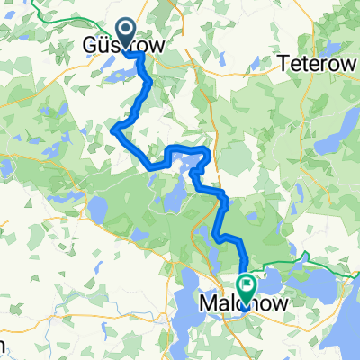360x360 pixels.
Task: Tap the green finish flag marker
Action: pyautogui.click(x=247, y=284)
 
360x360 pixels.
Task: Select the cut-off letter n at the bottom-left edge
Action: pyautogui.click(x=4, y=346)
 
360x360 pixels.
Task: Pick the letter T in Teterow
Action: pyautogui.click(x=284, y=64)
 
